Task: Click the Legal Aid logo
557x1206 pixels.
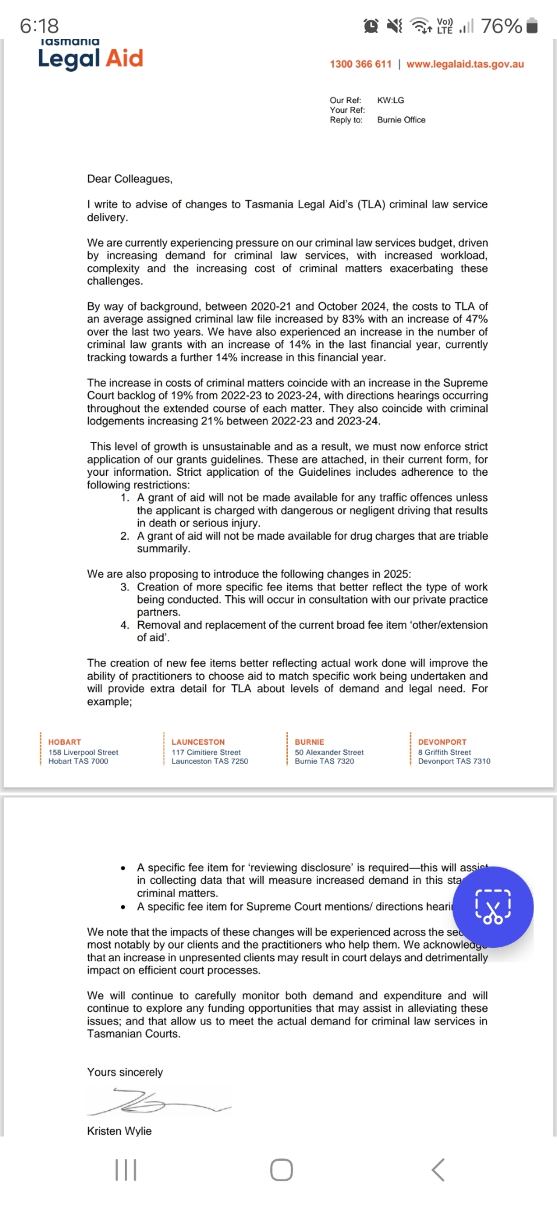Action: click(91, 57)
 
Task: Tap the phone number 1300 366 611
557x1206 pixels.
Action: click(360, 64)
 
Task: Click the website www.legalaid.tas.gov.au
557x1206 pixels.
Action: click(465, 64)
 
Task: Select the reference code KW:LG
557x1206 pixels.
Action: click(390, 100)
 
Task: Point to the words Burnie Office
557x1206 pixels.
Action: click(401, 119)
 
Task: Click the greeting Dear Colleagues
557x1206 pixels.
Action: click(130, 178)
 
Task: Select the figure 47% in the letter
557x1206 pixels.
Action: click(476, 319)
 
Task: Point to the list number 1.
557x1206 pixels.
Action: click(124, 497)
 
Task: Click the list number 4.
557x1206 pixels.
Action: click(124, 625)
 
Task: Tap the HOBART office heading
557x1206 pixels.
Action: click(65, 742)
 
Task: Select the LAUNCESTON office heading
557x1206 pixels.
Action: click(198, 742)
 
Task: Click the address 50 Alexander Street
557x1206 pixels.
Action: click(329, 752)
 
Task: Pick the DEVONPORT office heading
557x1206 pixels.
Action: click(442, 742)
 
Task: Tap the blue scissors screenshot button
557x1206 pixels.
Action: click(493, 907)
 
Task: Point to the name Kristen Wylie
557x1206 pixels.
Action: click(119, 1131)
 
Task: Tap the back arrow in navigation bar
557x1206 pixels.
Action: click(438, 1170)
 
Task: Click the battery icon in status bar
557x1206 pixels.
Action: click(532, 26)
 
